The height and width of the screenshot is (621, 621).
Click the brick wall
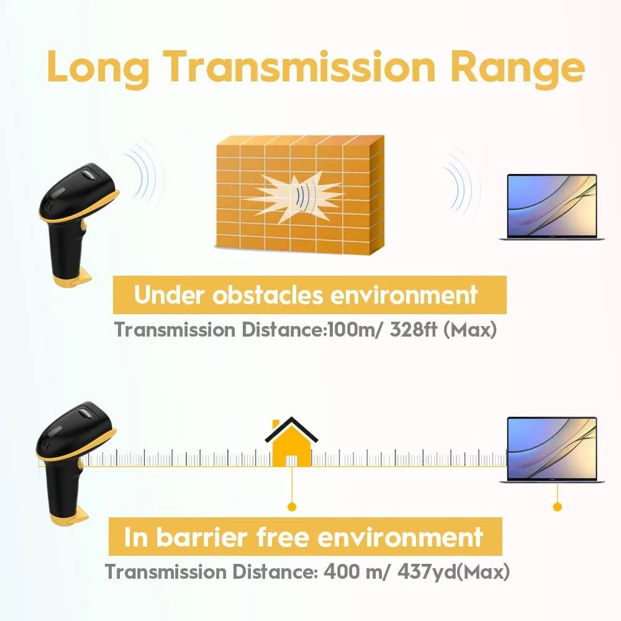coord(300,194)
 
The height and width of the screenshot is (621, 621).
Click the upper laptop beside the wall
coord(551,207)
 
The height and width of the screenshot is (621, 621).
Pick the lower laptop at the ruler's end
coord(551,450)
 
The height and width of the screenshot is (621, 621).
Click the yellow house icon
coord(291,442)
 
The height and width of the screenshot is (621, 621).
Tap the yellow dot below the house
coord(292,507)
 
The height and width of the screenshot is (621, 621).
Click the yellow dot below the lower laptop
coord(557,507)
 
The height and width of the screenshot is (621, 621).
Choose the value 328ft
coord(414,330)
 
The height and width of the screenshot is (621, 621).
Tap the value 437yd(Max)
coord(453,572)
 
